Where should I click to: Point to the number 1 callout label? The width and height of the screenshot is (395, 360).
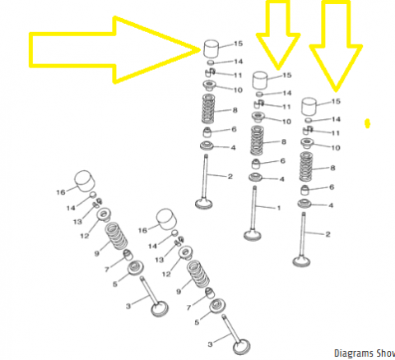coord(279,208)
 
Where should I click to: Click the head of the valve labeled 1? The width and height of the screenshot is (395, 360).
coord(253,236)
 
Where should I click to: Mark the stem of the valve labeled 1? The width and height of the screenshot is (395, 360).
coord(254,208)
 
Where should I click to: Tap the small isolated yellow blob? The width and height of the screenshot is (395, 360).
coord(367,123)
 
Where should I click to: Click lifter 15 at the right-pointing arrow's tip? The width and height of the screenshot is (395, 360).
coord(211,49)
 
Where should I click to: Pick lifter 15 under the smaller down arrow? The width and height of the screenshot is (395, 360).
coord(260,81)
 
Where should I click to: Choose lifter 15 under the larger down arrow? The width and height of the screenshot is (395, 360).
coord(309,106)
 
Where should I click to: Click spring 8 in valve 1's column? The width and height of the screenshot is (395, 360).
coord(257,141)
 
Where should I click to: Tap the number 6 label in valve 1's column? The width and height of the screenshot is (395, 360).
coord(283,161)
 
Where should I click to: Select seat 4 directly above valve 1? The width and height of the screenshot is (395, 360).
coord(255,178)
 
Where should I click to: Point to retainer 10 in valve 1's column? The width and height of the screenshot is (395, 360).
coord(258,117)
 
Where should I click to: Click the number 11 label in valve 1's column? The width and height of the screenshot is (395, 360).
coord(286,107)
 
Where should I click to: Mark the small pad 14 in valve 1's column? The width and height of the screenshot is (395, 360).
coord(259,95)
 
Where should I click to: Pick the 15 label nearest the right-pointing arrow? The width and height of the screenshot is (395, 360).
coord(238,44)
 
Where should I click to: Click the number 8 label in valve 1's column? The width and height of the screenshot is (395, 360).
coord(284,141)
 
